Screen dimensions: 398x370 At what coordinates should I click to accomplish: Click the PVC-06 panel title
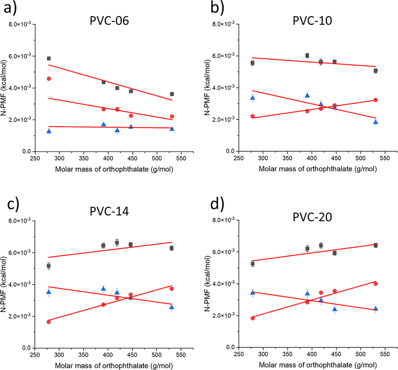pos(109,20)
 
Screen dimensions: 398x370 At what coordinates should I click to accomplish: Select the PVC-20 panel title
pos(312,217)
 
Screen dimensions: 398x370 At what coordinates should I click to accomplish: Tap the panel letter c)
pos(13,205)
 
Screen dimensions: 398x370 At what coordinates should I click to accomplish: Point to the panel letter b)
pos(217,8)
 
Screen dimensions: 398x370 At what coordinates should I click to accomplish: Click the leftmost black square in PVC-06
pos(48,58)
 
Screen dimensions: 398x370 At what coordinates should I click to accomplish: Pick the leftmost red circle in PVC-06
pos(48,79)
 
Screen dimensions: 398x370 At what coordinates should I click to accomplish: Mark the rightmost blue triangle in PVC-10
pos(375,122)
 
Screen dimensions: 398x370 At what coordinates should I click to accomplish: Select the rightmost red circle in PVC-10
pos(375,100)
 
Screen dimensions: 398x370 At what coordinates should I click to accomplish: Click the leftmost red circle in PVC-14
pos(48,322)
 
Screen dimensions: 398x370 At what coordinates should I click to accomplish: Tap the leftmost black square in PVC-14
pos(48,266)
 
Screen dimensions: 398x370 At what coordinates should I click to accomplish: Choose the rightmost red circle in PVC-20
pos(375,283)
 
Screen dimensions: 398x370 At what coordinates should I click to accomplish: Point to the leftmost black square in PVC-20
pos(253,264)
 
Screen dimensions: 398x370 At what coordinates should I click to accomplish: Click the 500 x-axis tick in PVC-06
pos(157,158)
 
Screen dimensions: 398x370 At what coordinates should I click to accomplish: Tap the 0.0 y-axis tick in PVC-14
pos(26,348)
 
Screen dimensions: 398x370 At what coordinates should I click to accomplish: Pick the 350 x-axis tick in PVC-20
pos(288,354)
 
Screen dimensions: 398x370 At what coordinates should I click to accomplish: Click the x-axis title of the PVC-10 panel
pos(318,169)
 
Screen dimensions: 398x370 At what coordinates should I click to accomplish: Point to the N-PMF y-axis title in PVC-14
pos(3,284)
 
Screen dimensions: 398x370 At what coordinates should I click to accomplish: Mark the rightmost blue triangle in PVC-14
pos(172,308)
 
